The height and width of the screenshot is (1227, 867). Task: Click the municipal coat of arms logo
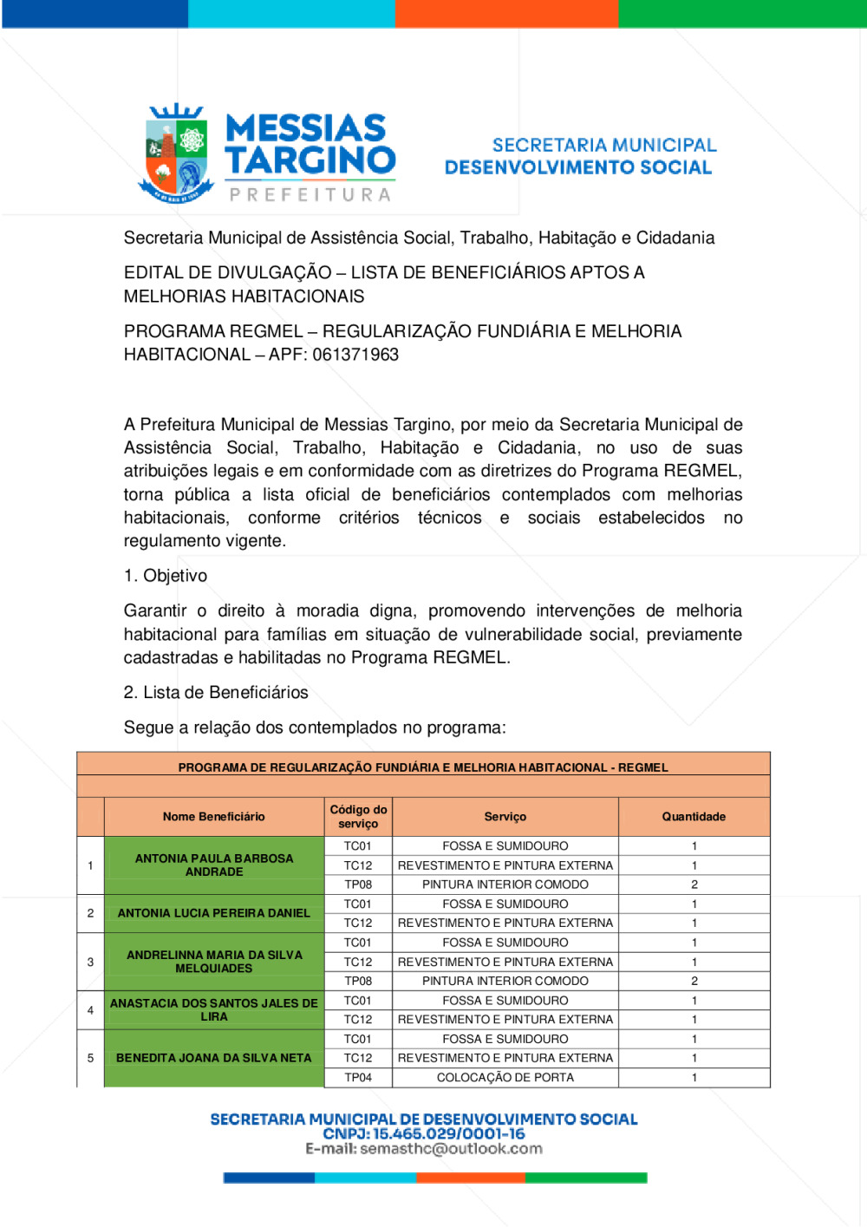176,153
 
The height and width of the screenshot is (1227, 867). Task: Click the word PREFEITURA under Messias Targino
310,195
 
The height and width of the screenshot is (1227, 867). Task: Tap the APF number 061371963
355,355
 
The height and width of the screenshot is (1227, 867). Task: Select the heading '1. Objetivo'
166,576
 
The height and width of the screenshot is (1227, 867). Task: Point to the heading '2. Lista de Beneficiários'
216,693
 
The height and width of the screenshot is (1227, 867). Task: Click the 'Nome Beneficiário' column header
213,817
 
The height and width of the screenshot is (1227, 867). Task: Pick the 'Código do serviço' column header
358,817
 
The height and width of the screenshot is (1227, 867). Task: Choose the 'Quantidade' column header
694,817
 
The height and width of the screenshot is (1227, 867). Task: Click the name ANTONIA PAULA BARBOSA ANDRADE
214,865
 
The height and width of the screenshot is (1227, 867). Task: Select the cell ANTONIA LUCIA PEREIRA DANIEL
214,913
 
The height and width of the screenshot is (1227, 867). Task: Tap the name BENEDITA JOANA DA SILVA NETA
214,1058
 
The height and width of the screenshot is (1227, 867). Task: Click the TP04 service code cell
358,1078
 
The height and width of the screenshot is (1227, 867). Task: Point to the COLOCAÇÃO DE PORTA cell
505,1078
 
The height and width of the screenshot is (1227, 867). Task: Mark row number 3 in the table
90,962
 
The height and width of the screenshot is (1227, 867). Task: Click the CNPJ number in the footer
448,1134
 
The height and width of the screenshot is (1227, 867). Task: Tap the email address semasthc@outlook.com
451,1149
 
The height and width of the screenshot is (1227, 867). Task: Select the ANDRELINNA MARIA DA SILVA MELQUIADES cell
214,962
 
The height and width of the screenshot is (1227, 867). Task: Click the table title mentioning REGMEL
423,767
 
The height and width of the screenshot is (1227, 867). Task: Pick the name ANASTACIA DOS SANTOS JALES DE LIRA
214,1009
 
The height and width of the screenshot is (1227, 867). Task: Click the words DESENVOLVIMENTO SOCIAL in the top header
578,167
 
